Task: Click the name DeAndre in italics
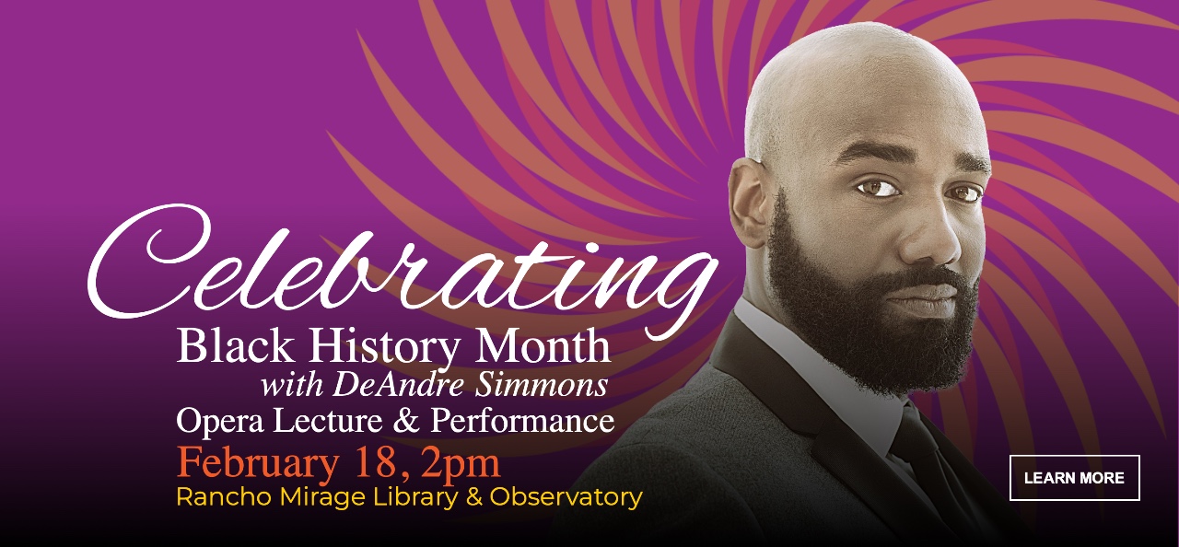click(x=399, y=385)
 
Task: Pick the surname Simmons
click(x=542, y=385)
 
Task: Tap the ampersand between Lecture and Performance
click(x=406, y=421)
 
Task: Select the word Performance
click(x=522, y=421)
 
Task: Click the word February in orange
click(x=258, y=464)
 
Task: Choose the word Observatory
click(x=566, y=497)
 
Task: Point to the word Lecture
click(x=328, y=421)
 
